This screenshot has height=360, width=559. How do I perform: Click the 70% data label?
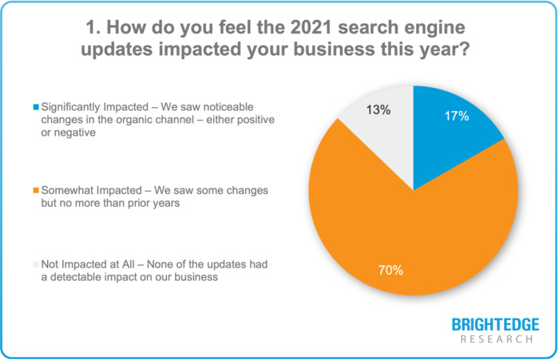(391, 270)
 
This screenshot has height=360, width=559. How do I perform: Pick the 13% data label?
(379, 110)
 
